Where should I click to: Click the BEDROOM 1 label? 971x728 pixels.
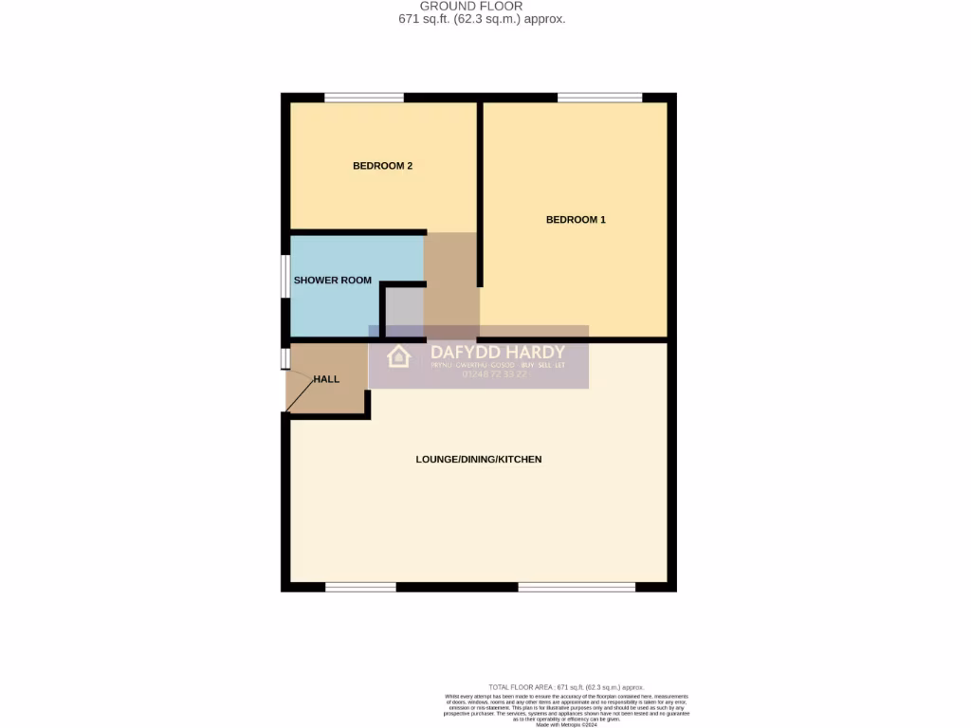(x=576, y=220)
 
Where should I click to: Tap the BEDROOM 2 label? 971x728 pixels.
(x=382, y=166)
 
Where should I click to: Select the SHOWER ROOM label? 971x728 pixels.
(x=332, y=281)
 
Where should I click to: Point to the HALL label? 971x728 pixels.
(x=326, y=379)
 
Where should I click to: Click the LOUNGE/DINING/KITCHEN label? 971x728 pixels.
(x=478, y=460)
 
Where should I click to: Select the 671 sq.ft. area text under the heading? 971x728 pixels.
(x=482, y=19)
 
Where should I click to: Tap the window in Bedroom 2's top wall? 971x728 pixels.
(x=364, y=97)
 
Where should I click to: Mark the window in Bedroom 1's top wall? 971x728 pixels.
(x=599, y=97)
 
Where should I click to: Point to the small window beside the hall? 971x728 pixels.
(x=284, y=359)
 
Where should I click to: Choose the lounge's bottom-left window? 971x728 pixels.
(x=360, y=587)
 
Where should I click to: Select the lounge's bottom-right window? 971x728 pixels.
(x=577, y=587)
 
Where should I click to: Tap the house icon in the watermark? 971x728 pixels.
(x=398, y=356)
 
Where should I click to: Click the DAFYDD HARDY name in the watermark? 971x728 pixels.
(x=497, y=353)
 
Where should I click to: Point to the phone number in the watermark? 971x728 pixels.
(x=493, y=374)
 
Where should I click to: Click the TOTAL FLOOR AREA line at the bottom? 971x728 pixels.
(x=566, y=687)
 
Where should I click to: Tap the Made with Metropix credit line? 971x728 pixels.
(x=566, y=724)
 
